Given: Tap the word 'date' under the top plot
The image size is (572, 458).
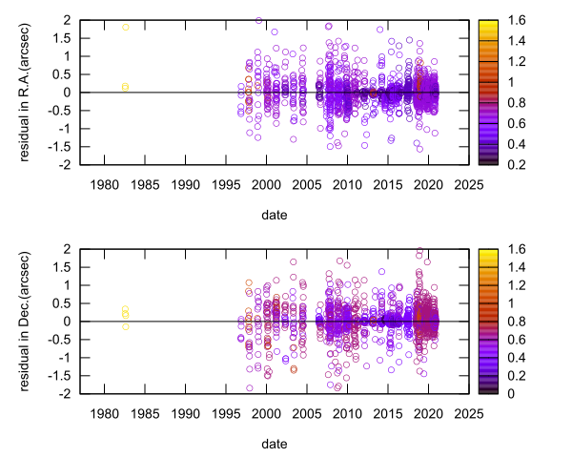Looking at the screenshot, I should (x=274, y=216).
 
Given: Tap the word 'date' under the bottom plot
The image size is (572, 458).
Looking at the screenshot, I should (x=274, y=445).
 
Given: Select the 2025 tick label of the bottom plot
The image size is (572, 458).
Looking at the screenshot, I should (x=467, y=413).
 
